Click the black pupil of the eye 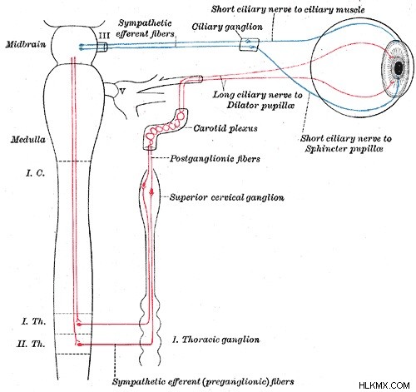point(399,67)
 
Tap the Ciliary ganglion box point(250,45)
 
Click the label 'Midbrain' point(26,44)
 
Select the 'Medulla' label point(28,139)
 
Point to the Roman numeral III point(104,36)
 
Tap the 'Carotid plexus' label point(225,128)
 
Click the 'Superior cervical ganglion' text point(227,197)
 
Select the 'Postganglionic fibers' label point(215,159)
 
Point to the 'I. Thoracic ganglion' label point(215,340)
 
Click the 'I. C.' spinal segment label point(35,173)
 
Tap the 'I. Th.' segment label point(33,321)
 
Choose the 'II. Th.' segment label point(31,344)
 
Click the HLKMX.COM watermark point(384,385)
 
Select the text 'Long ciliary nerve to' point(258,95)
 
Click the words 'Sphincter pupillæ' point(344,149)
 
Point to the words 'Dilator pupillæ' point(260,106)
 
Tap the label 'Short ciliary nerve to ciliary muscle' point(288,9)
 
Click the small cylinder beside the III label point(102,47)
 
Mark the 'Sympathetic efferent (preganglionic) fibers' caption point(203,382)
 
